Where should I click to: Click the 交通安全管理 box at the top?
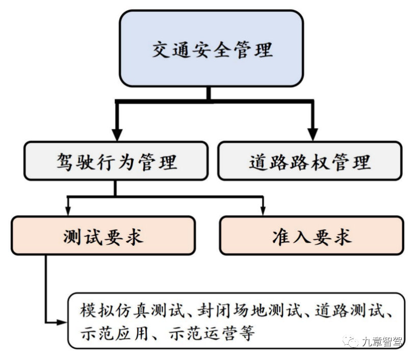coord(211,49)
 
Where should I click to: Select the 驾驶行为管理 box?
coord(116,161)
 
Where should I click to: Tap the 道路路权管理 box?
coord(309,161)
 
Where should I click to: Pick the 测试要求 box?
coord(103,236)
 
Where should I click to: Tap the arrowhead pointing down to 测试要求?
coord(67,210)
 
